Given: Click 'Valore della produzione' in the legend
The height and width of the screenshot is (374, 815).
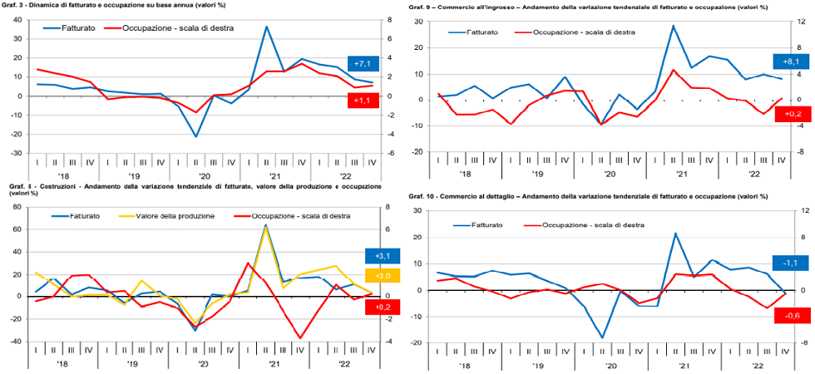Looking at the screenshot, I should pos(177,216).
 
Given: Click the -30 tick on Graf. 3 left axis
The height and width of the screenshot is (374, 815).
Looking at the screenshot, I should pos(15,153).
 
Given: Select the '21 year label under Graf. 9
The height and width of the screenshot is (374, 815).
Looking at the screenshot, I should pos(681,175).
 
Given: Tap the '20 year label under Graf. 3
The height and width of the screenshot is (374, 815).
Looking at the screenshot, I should pos(204,175).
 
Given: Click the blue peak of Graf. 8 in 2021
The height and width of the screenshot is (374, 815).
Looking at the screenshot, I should pos(265,224).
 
